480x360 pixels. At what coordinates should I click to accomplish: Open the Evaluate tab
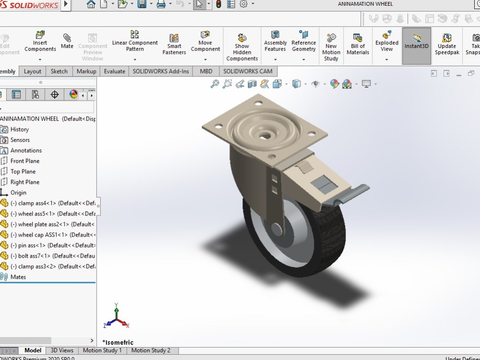click(114, 72)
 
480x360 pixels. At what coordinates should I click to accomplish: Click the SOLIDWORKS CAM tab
click(248, 72)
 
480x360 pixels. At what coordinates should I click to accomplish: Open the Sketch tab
click(59, 72)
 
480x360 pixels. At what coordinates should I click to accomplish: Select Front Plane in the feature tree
click(24, 161)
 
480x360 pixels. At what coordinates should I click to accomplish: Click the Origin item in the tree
click(18, 193)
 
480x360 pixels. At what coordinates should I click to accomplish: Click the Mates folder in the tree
click(18, 277)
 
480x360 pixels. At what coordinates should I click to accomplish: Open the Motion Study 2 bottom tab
click(151, 351)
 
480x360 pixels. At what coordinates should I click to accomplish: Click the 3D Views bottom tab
click(62, 351)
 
